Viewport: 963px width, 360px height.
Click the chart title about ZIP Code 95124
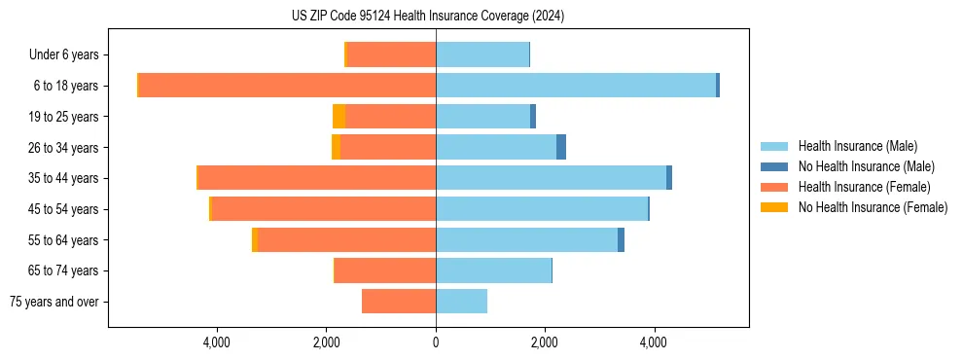[428, 17]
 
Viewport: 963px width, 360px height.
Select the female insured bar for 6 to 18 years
[287, 86]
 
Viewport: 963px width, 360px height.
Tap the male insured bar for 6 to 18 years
[576, 86]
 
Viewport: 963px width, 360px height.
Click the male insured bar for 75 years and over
[461, 302]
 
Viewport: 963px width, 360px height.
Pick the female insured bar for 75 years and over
[399, 302]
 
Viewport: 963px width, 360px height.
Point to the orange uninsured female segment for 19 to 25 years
[339, 117]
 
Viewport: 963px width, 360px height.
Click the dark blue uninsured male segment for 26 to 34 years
[561, 148]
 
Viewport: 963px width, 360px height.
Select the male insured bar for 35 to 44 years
[551, 178]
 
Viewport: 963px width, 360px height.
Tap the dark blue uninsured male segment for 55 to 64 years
[621, 240]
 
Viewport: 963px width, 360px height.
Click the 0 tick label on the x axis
[436, 342]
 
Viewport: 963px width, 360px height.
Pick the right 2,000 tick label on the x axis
[545, 342]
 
